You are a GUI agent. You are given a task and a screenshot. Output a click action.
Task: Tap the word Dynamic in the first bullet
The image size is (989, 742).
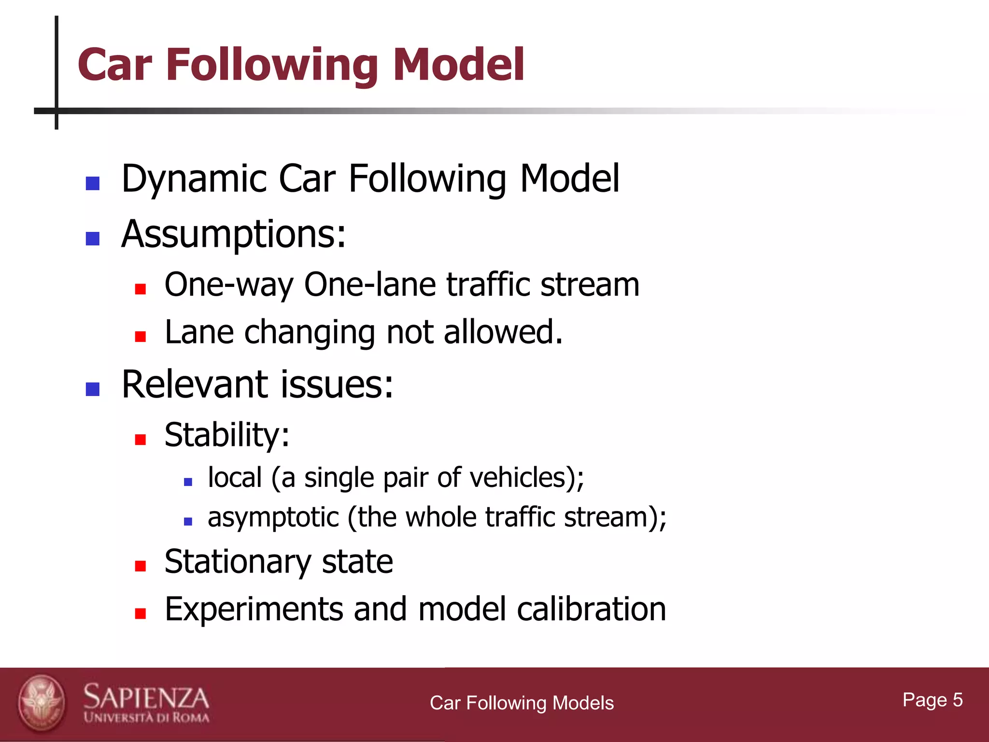pos(194,179)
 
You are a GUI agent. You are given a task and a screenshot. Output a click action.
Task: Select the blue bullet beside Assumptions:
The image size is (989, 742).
pos(92,239)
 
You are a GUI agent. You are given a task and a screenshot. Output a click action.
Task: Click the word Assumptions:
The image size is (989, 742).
pos(234,234)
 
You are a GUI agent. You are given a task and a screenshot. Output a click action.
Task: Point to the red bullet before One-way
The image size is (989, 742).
pos(141,289)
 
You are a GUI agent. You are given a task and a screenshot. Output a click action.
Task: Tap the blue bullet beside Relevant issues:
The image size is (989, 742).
pos(92,389)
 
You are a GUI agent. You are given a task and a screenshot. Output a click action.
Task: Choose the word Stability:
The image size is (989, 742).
pos(227,435)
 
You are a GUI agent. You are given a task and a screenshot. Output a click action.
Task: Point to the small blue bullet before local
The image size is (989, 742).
pos(188,482)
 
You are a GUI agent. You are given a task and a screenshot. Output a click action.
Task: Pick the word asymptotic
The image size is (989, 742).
pos(273,517)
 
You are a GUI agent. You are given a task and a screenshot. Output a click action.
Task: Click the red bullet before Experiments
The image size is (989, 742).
pos(141,614)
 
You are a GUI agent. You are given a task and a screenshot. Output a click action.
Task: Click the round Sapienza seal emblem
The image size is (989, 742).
pos(42,703)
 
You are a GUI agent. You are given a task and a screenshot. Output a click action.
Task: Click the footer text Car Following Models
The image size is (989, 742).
pos(522,703)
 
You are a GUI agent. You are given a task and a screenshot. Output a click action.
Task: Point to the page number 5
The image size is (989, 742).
pos(957,700)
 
